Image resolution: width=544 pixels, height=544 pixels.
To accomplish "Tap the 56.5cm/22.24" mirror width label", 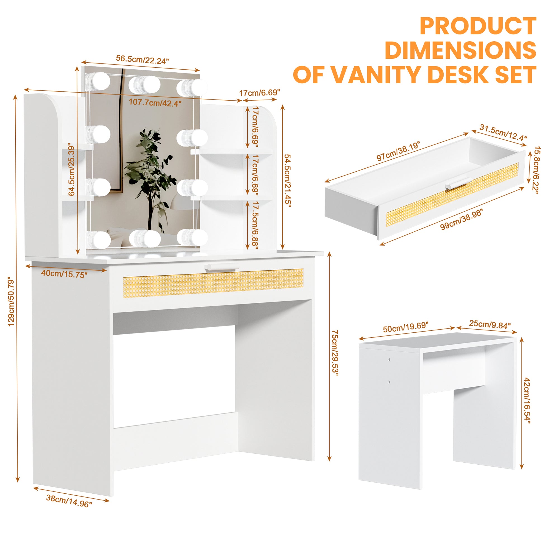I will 143,60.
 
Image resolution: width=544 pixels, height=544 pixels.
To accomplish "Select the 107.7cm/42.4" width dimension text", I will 155,103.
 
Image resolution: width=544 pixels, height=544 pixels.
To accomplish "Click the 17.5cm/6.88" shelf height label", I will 255,225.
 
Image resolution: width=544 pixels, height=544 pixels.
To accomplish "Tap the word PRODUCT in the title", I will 478,26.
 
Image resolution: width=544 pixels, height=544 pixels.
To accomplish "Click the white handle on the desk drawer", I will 221,267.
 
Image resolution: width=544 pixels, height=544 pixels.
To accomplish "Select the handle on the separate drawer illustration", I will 458,185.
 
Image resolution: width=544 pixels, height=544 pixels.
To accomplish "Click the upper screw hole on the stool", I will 389,359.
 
